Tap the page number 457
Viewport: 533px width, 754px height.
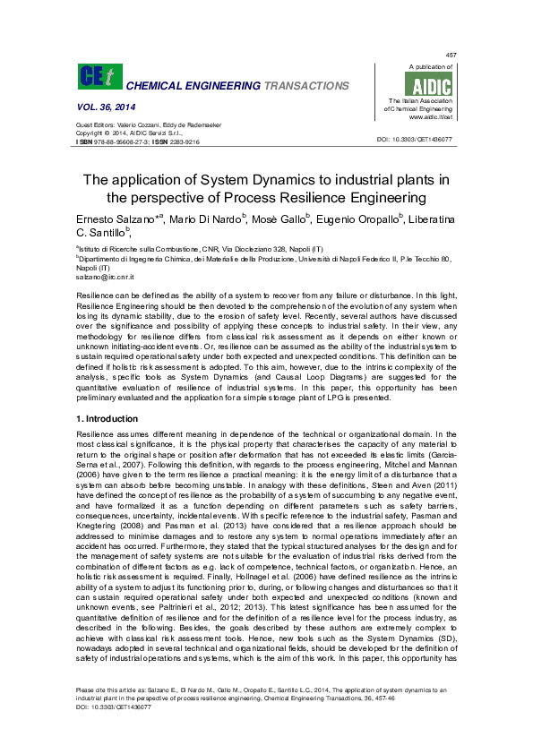[451, 56]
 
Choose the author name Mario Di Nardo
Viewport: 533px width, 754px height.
[207, 218]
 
